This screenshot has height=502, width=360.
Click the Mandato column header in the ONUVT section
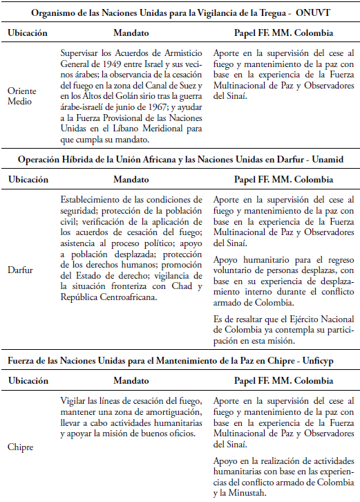(x=131, y=32)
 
